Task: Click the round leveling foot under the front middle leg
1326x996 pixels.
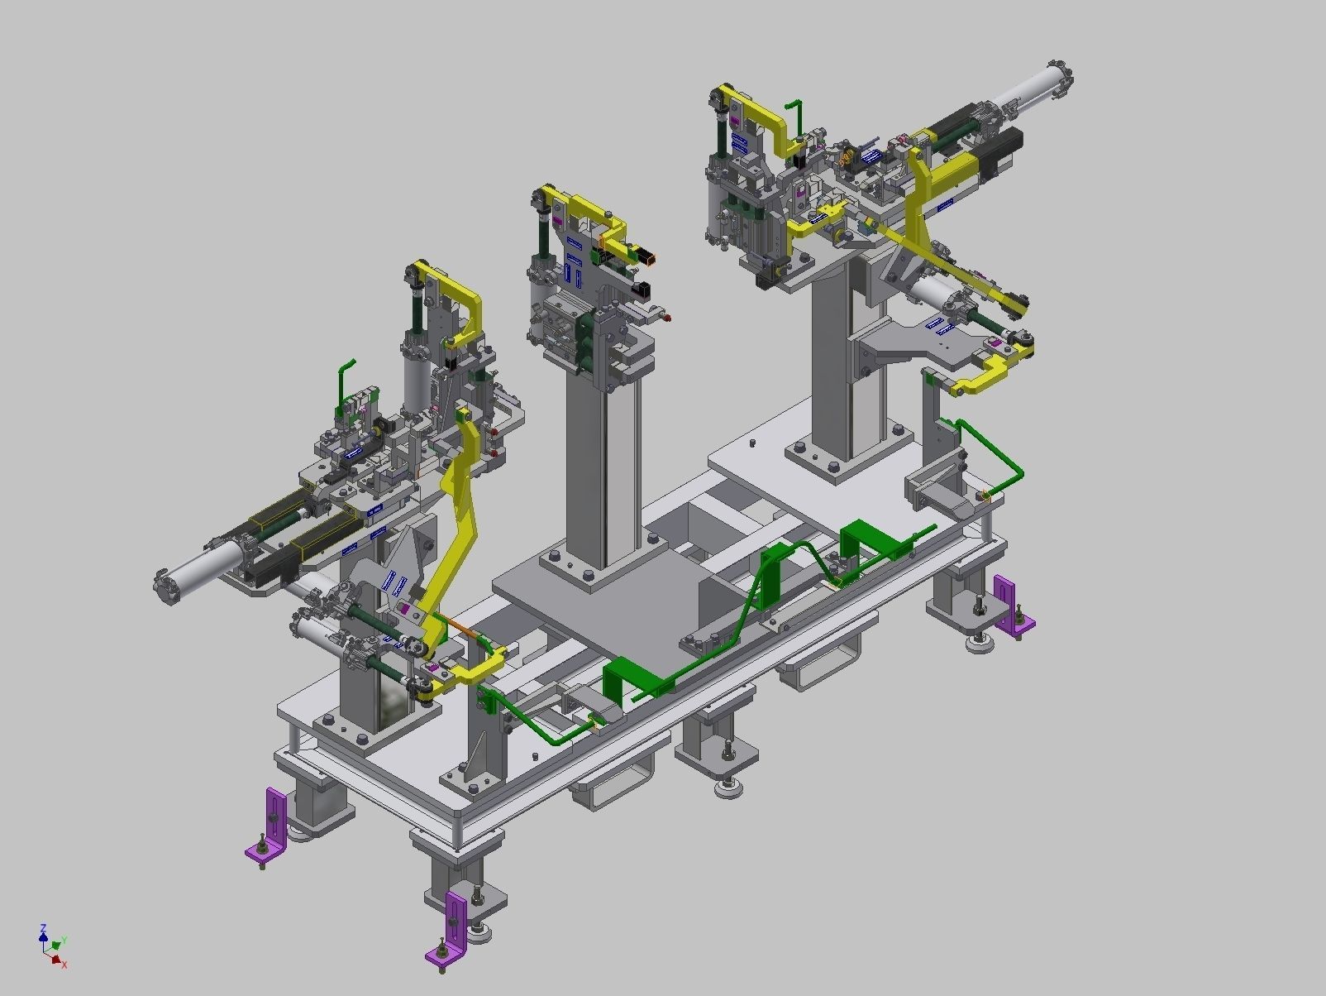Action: [728, 790]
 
